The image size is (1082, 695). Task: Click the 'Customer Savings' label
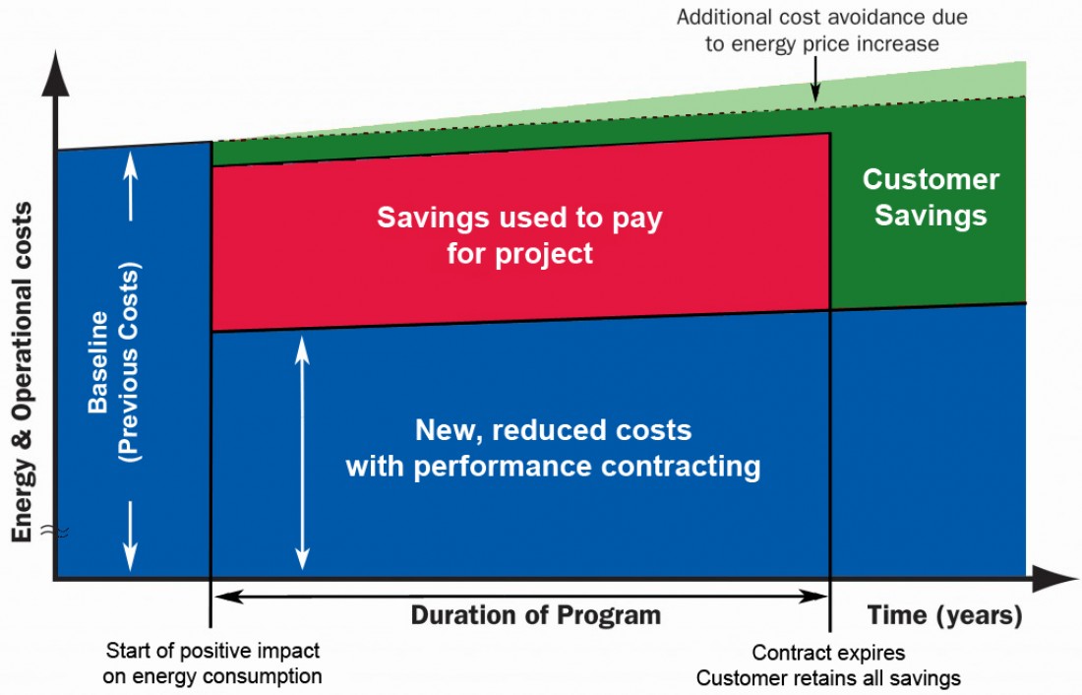click(x=931, y=197)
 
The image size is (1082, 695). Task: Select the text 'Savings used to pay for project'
click(x=519, y=235)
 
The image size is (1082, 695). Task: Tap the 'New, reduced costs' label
click(x=554, y=430)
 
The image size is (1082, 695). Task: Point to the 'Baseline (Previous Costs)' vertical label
click(x=114, y=362)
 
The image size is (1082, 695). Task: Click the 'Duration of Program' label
click(x=536, y=614)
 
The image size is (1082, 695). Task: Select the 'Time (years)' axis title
click(x=944, y=615)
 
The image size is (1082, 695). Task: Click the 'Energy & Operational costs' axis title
click(x=22, y=372)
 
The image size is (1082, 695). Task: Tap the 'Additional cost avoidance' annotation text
click(x=822, y=18)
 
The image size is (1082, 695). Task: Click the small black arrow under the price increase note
click(x=815, y=79)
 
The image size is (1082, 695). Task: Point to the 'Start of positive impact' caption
click(x=212, y=650)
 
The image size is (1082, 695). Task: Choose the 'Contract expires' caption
click(x=828, y=652)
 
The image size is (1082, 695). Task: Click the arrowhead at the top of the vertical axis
click(x=56, y=73)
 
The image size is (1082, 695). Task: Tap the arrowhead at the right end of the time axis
click(x=1055, y=578)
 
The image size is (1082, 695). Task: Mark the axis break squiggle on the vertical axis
click(x=55, y=531)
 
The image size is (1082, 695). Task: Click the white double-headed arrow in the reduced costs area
click(x=302, y=453)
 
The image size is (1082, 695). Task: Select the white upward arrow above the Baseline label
click(x=131, y=185)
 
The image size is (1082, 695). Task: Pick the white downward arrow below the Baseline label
click(x=131, y=537)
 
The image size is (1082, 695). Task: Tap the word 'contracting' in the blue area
click(x=681, y=467)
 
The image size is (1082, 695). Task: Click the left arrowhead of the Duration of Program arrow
click(x=229, y=596)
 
